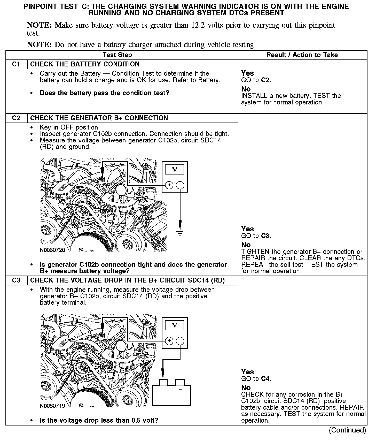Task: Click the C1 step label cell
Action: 16,64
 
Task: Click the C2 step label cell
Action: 16,118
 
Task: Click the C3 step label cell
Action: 16,280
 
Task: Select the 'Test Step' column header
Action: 117,55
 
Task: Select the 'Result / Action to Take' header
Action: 302,55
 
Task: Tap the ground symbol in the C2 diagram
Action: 180,233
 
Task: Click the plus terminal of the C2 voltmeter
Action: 169,185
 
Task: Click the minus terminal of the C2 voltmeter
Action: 180,185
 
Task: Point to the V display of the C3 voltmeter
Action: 175,325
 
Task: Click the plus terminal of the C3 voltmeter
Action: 169,341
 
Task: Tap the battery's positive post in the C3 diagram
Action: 163,383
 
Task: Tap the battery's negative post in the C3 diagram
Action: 180,383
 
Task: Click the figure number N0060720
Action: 52,250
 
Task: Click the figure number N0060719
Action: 52,406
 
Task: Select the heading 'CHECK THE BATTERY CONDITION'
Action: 85,64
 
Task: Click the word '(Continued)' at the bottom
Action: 347,430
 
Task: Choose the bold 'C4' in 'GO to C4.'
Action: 265,379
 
